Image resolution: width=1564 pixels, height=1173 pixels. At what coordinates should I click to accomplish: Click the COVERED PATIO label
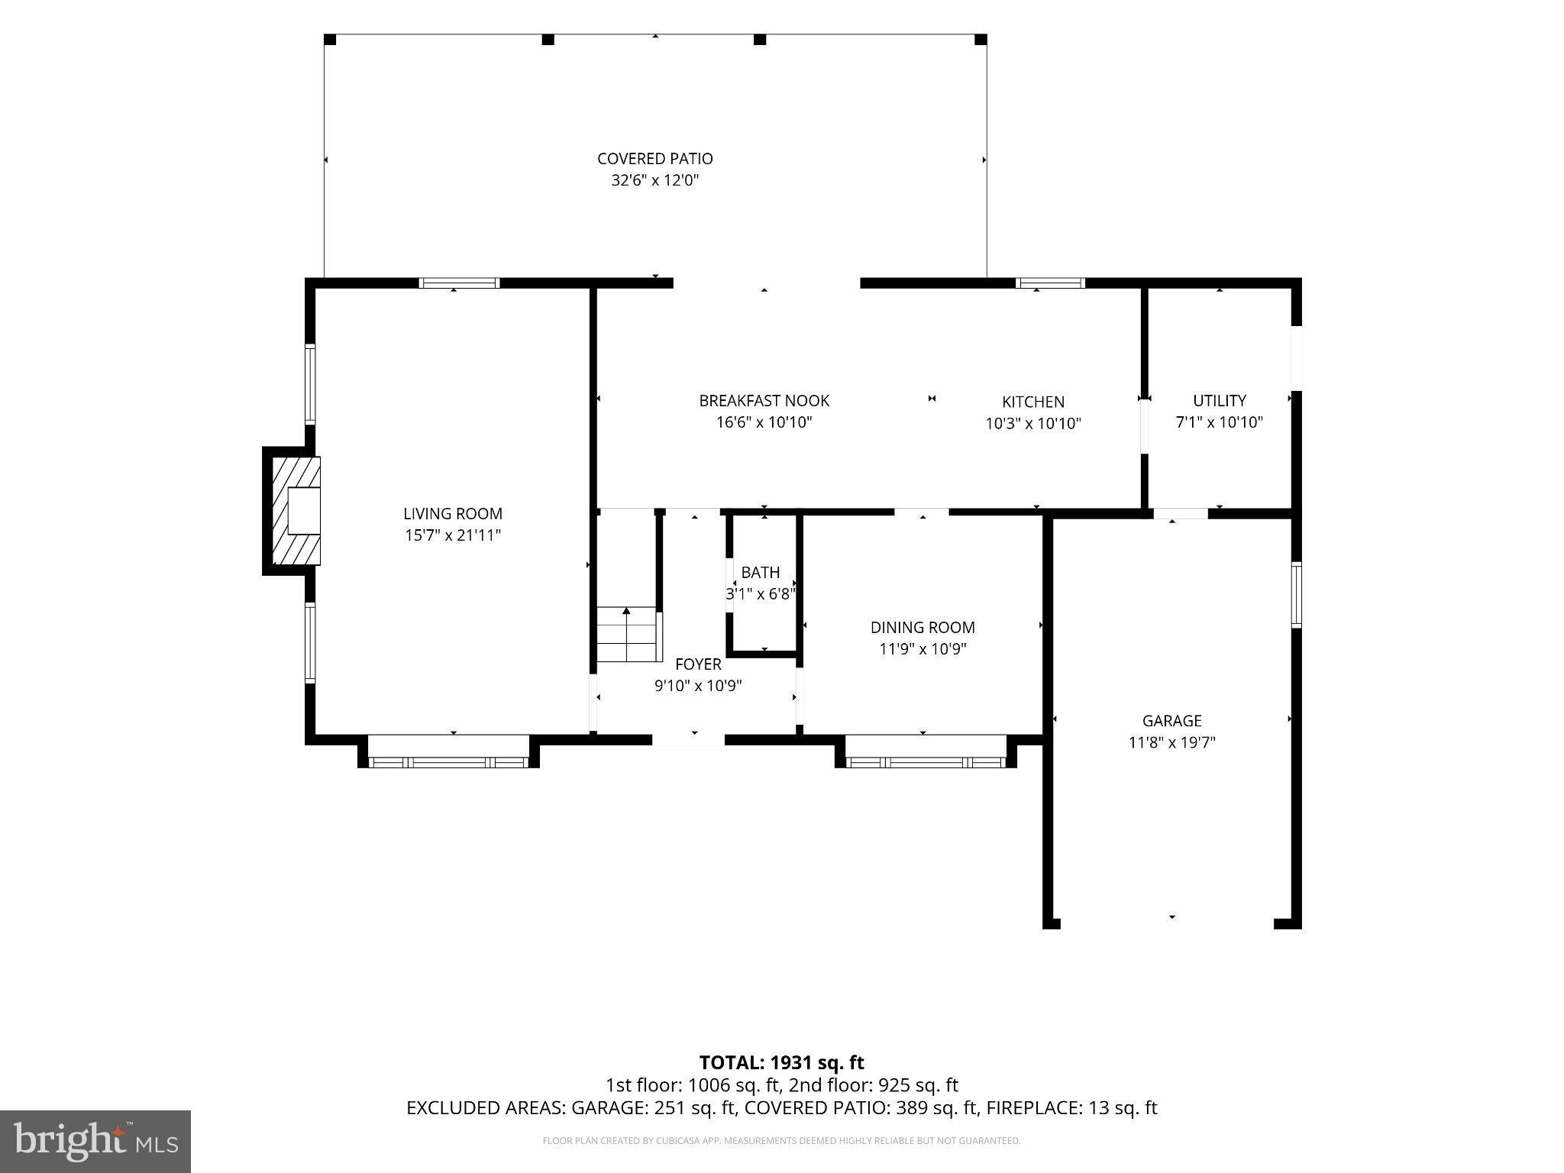pos(655,159)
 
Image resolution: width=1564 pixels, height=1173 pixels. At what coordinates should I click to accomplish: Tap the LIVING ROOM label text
pos(453,514)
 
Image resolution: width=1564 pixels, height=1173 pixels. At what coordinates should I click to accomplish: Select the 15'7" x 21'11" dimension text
pos(453,535)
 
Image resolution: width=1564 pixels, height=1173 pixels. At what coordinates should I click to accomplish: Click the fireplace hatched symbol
pos(292,510)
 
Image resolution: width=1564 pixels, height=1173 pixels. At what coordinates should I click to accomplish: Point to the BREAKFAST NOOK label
pos(764,401)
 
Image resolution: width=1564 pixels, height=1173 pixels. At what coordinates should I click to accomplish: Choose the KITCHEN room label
pos(1033,402)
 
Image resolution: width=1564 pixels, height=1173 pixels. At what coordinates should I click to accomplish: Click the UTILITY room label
pos(1220,401)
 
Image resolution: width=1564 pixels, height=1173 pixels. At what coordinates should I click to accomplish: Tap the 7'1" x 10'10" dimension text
pos(1220,422)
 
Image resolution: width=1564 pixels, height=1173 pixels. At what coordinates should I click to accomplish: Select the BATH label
pos(761,573)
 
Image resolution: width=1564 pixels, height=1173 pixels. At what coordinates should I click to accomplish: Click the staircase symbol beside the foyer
pos(627,635)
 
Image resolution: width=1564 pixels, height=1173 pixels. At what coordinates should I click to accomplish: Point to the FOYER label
pos(698,664)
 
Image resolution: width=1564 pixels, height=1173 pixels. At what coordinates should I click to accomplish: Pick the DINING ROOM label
pos(923,628)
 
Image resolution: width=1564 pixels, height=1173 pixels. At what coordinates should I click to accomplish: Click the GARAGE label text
pos(1172,721)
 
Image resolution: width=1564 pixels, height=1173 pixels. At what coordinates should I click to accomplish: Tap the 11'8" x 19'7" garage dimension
pos(1172,742)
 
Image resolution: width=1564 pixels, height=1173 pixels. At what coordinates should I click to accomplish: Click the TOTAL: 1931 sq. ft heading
pos(782,1062)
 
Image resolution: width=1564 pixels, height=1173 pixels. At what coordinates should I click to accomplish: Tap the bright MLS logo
pos(95,1142)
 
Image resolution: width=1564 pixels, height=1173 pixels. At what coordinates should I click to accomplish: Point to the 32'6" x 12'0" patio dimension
pos(655,181)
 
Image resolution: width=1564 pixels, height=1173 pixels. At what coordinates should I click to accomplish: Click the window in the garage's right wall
pos(1296,595)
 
